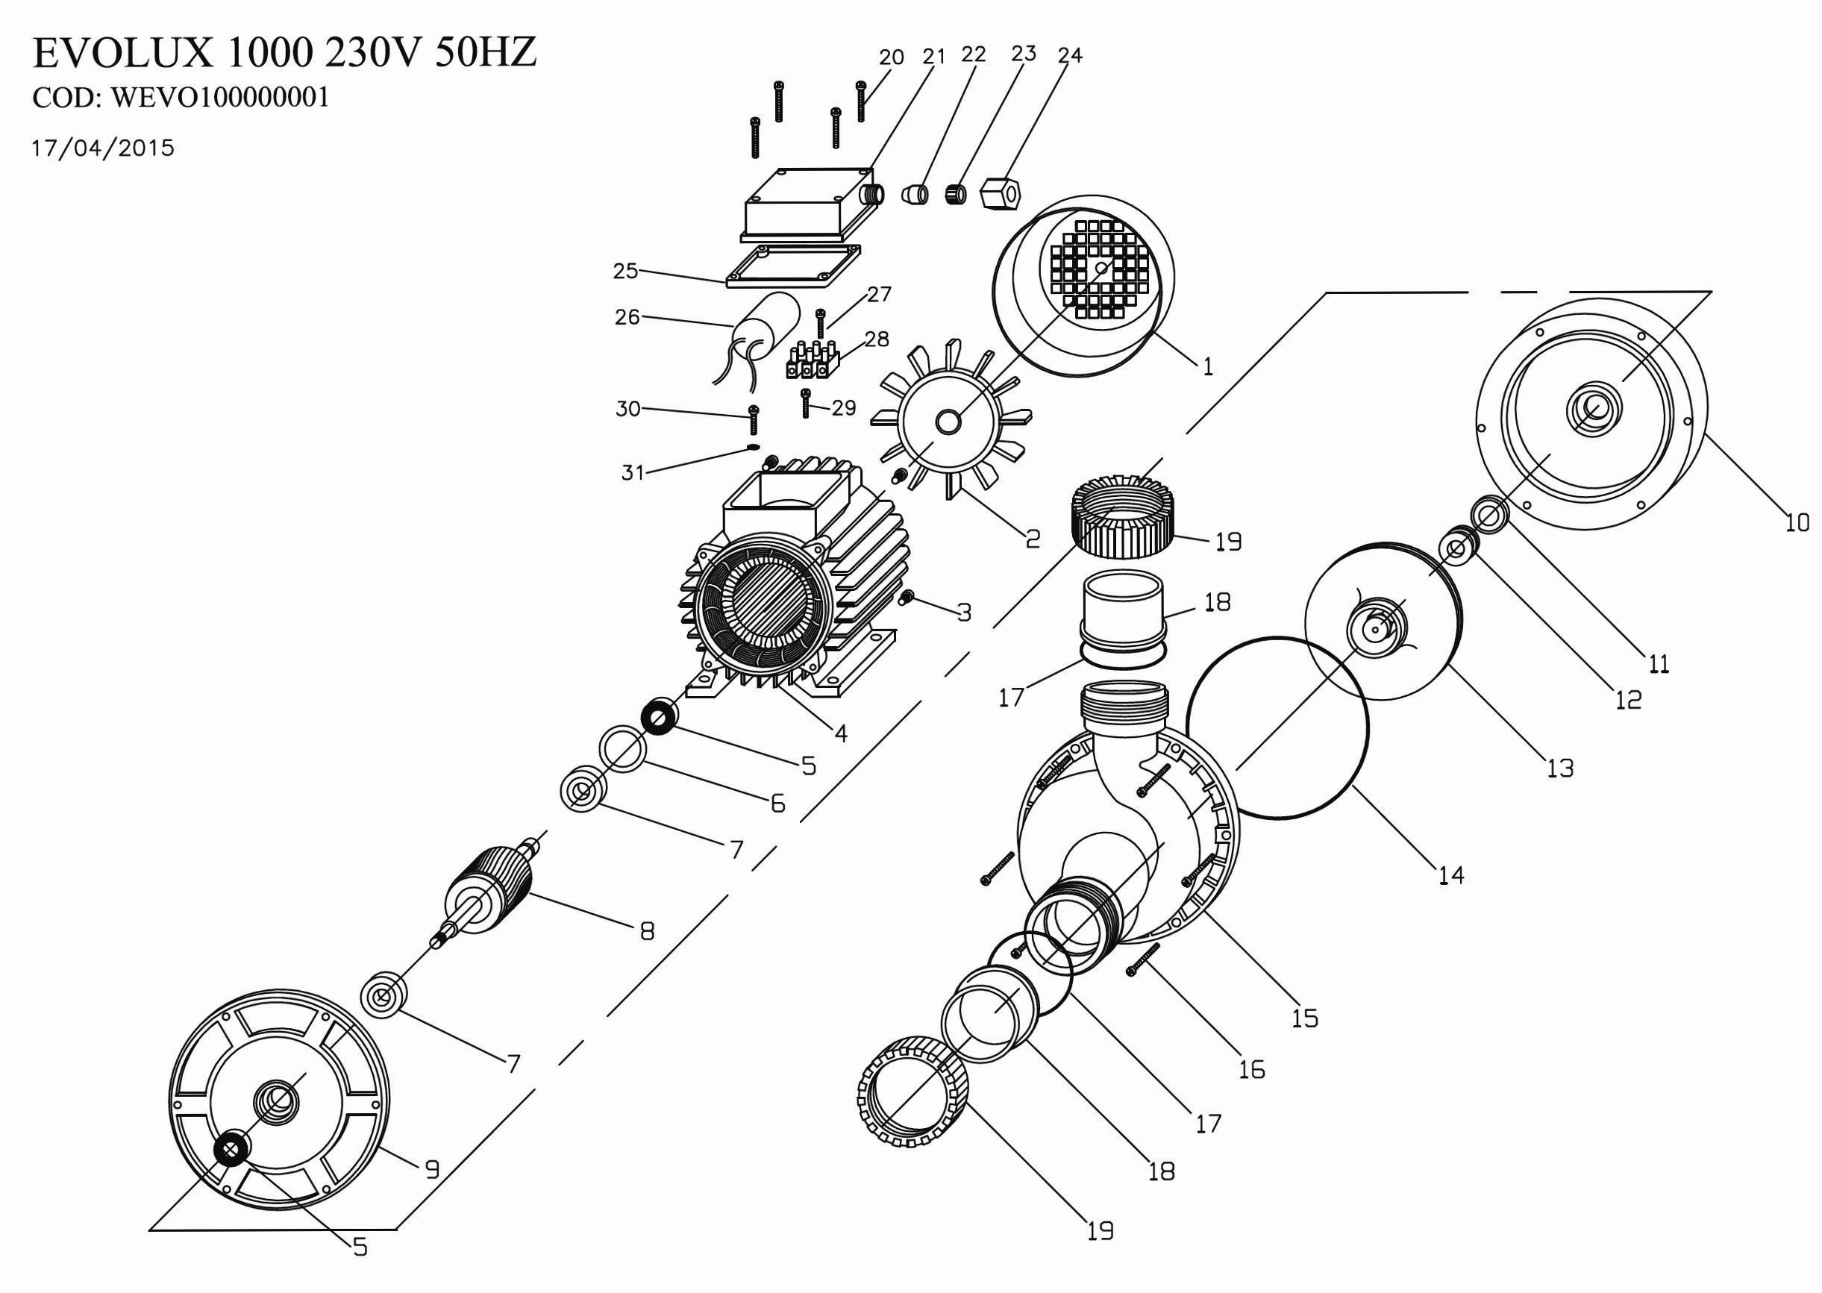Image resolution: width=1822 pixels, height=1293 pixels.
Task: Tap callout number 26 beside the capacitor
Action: pos(627,318)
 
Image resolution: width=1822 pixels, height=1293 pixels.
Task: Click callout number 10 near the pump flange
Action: pos(1797,523)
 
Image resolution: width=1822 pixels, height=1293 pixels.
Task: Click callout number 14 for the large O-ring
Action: pos(1450,876)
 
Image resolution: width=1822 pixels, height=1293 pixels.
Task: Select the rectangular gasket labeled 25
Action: pos(793,266)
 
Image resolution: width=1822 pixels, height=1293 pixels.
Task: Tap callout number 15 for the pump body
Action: pos(1306,1018)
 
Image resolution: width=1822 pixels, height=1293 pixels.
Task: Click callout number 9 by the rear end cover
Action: pos(431,1170)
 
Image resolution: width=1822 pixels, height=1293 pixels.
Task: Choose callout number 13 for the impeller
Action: pos(1560,768)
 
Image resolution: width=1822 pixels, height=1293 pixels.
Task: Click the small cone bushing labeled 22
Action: pos(915,193)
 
